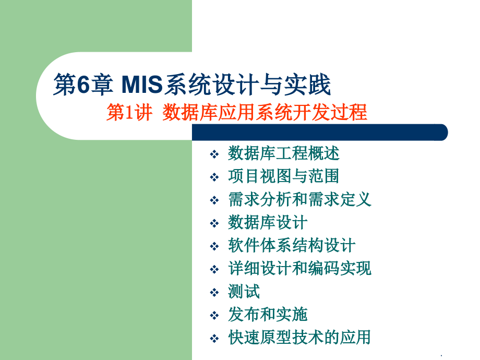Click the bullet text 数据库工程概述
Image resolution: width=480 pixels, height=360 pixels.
(x=284, y=153)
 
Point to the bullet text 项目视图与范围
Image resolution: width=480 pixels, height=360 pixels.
(x=284, y=176)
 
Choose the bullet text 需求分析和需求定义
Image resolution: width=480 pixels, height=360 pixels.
(x=299, y=199)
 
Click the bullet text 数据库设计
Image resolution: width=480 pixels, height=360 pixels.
(x=268, y=222)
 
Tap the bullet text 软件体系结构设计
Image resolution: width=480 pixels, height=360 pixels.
(x=292, y=245)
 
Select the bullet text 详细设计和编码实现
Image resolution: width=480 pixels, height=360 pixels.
(x=299, y=268)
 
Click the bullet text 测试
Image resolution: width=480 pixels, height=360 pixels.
(x=244, y=291)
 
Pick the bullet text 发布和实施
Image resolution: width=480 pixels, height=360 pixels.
(x=268, y=314)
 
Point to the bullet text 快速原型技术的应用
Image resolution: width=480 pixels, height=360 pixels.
(x=299, y=337)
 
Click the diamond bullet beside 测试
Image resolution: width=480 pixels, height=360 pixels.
(x=214, y=293)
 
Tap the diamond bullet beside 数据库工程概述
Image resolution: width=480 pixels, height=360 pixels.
(x=214, y=155)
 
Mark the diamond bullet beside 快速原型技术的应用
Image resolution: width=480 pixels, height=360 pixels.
(x=214, y=339)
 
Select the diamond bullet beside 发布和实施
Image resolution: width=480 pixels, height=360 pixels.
(x=214, y=316)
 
